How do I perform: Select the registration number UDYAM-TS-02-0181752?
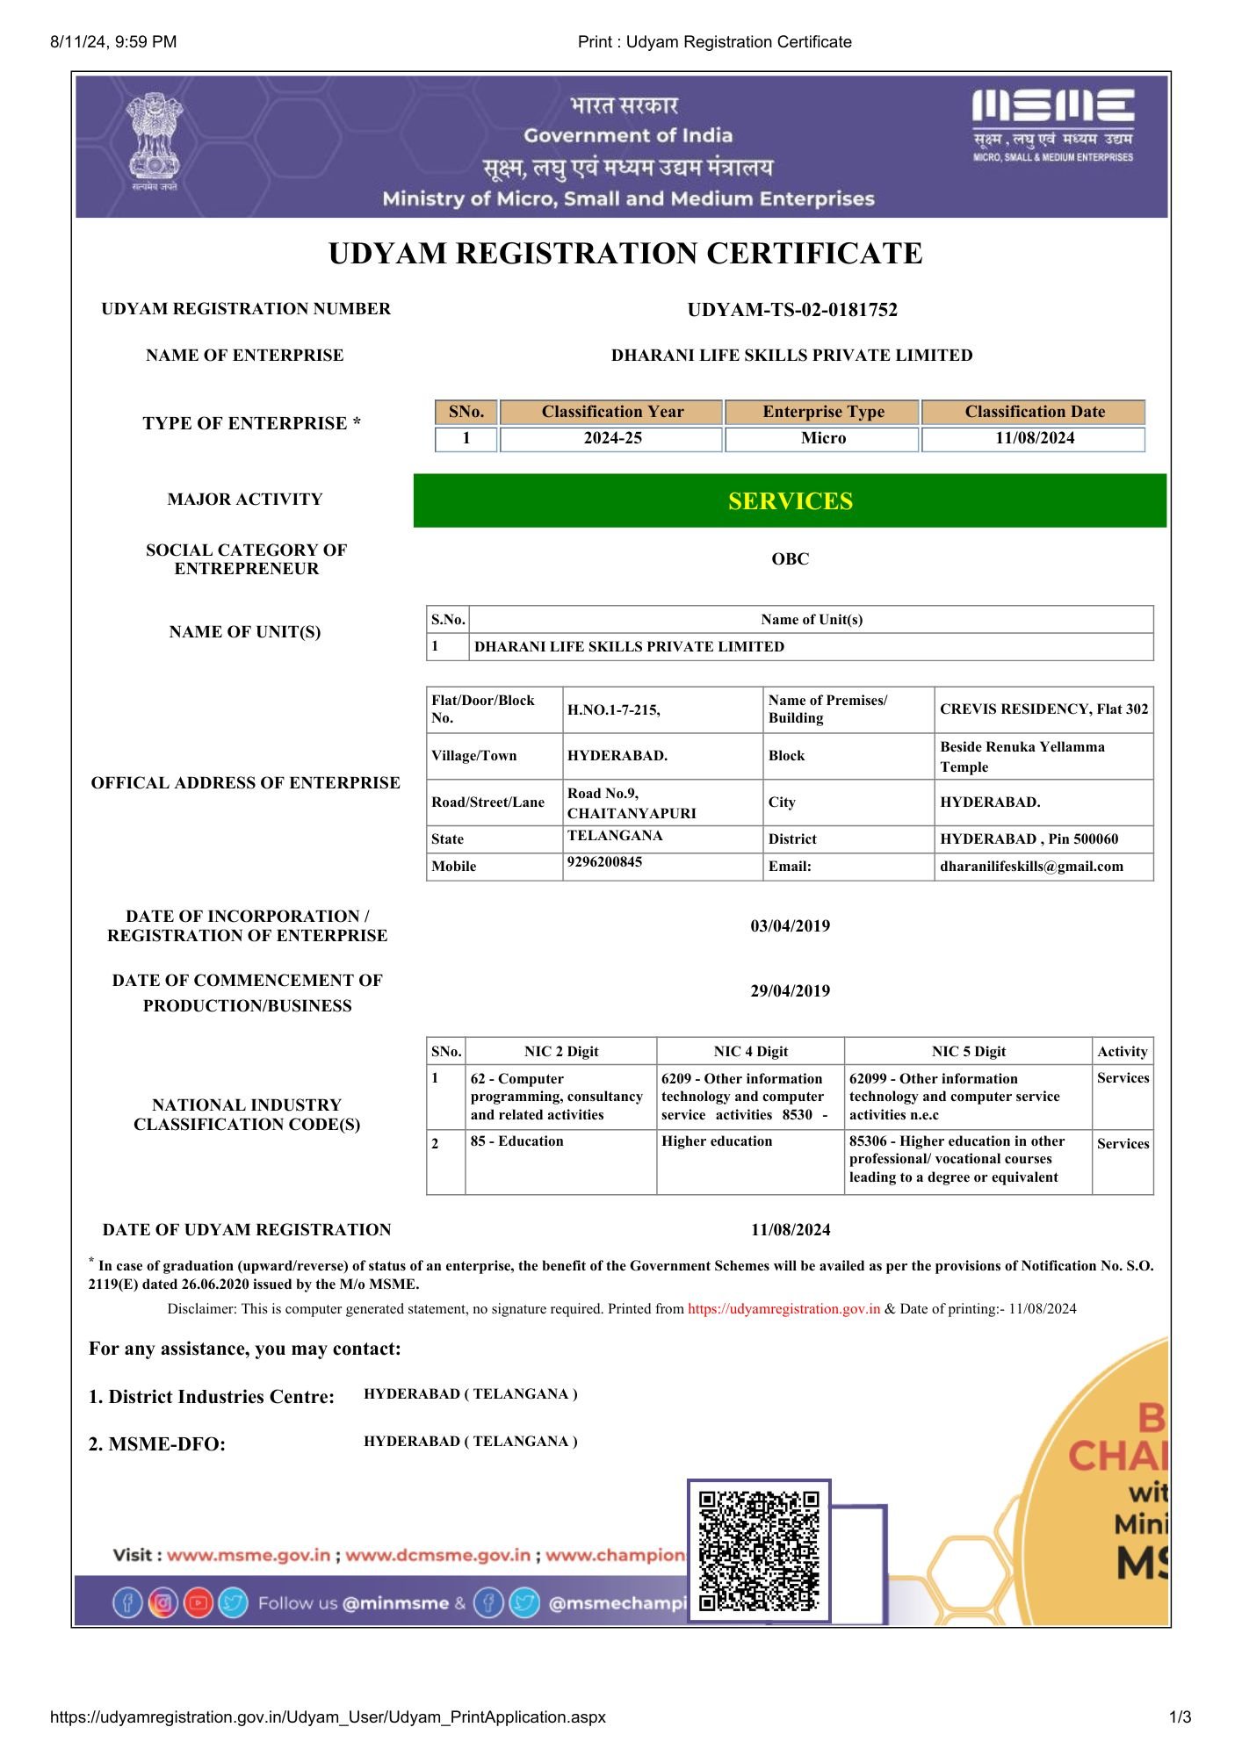(791, 310)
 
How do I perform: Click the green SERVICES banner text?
(790, 501)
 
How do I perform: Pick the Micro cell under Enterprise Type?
(823, 438)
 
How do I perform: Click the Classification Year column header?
(612, 412)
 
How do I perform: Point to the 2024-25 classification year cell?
(612, 438)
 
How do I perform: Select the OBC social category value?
(790, 559)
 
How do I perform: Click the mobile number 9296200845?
(604, 862)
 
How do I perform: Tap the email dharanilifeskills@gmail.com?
(1031, 867)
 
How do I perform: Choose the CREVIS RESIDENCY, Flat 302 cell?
(1043, 709)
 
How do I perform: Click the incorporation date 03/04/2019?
(790, 926)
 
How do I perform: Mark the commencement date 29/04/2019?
(790, 991)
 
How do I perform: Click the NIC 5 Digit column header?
(968, 1052)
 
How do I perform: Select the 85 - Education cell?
(517, 1141)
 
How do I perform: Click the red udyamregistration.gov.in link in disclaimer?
(783, 1309)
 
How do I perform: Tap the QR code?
(759, 1551)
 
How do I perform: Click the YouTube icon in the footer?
(199, 1603)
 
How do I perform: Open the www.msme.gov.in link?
(249, 1555)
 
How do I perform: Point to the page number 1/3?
(1180, 1717)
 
